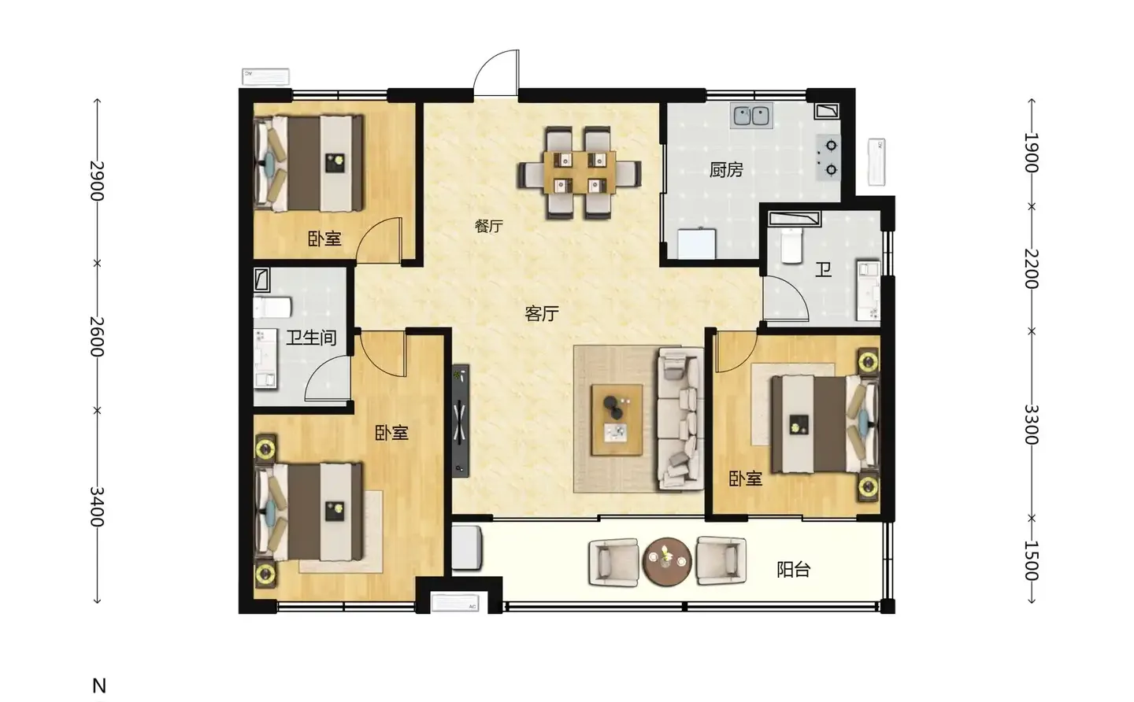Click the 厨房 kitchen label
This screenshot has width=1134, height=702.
point(726,170)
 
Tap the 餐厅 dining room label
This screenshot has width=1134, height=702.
point(488,226)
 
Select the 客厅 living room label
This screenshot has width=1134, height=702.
point(542,313)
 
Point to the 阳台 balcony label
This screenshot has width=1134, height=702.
point(793,570)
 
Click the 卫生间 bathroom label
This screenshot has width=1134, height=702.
point(311,338)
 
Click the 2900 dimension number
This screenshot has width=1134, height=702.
point(97,180)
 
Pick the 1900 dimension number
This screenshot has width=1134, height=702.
point(1032,153)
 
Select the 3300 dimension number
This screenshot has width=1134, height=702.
point(1032,425)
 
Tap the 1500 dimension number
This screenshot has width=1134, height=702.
point(1032,561)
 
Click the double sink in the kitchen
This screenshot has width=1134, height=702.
point(751,116)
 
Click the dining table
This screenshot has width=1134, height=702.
point(580,172)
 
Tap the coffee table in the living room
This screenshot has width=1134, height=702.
point(617,419)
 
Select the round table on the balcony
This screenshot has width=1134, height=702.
point(667,562)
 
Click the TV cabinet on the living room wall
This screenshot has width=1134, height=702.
point(460,421)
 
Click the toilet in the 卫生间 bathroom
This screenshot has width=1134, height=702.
point(272,308)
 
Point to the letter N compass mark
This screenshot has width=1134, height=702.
point(99,685)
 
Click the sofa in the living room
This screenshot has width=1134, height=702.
point(680,419)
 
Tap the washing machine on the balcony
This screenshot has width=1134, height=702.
point(466,548)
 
